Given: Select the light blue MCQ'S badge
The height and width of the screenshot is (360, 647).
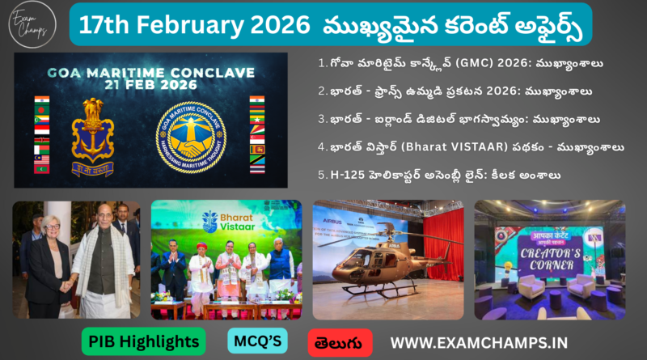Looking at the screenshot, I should pyautogui.click(x=257, y=341).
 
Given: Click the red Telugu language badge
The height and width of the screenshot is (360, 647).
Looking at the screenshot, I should pyautogui.click(x=340, y=341).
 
